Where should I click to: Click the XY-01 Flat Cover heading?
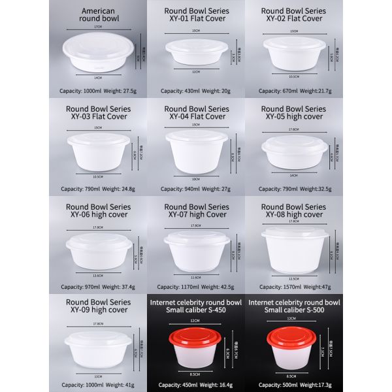coord(197,15)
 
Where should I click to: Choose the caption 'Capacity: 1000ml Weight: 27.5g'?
coord(99,91)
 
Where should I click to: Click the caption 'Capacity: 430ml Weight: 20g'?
coord(197,91)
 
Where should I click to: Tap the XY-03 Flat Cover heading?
coord(99,112)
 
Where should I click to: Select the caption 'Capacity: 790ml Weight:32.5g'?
coord(293,189)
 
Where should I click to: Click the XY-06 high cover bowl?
coord(99,251)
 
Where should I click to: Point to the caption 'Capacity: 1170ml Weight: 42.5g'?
coord(197,287)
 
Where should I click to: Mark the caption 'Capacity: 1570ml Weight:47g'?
coord(293,287)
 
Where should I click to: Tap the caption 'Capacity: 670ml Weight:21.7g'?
coord(293,91)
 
